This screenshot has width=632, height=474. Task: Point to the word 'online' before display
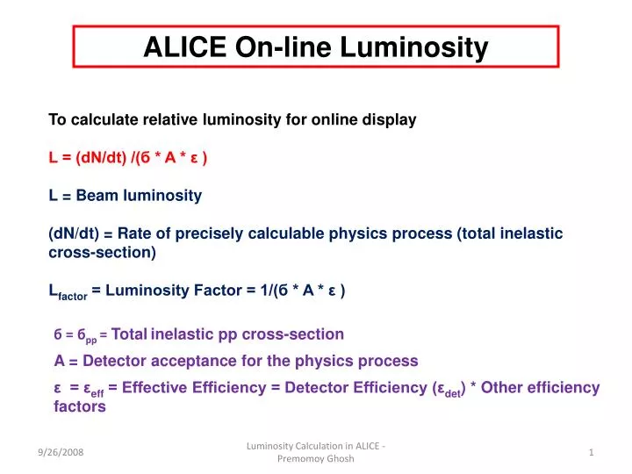click(336, 120)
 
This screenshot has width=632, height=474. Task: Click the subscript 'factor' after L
click(73, 297)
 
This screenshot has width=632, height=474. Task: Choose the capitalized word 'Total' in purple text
click(129, 334)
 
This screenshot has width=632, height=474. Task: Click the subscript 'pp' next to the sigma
click(91, 338)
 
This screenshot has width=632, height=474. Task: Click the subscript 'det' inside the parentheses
click(453, 391)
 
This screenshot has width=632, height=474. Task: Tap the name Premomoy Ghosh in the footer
click(316, 459)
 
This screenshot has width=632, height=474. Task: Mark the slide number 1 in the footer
click(592, 451)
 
